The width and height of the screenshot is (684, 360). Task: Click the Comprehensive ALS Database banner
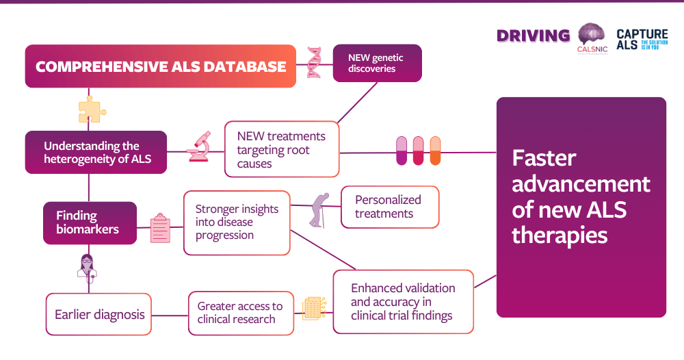click(x=160, y=66)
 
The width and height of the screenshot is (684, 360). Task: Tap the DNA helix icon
click(x=315, y=62)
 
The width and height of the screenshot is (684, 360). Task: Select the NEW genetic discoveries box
click(x=377, y=63)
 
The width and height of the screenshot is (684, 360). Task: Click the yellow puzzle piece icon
click(x=90, y=109)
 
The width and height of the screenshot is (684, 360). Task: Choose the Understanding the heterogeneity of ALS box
click(x=96, y=152)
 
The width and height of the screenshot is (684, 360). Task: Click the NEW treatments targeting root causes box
click(x=282, y=149)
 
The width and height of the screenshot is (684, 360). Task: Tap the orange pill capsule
click(x=435, y=151)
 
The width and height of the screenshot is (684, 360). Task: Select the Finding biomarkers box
click(x=90, y=222)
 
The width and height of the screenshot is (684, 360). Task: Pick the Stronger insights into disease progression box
click(x=237, y=222)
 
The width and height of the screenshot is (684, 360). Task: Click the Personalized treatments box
click(x=389, y=207)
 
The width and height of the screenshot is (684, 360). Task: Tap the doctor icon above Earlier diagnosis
click(x=88, y=268)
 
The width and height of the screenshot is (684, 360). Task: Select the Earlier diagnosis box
click(x=99, y=314)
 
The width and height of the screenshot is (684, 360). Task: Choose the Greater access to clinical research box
click(x=241, y=313)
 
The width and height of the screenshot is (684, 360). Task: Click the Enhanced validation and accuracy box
click(x=403, y=302)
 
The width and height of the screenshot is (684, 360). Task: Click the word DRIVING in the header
click(x=533, y=36)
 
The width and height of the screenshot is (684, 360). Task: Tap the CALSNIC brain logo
click(x=592, y=38)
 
